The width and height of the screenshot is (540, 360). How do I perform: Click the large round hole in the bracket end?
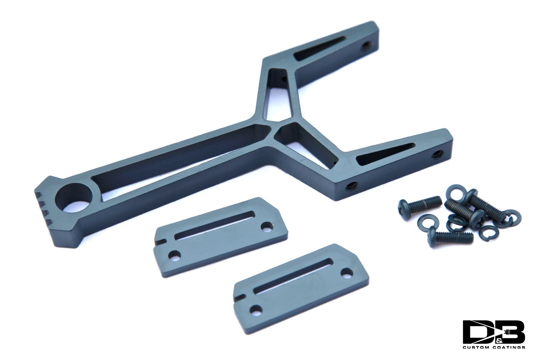point(73,198)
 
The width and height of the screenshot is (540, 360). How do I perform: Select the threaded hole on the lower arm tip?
point(437,154)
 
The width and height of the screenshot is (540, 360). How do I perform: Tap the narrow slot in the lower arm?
point(385,154)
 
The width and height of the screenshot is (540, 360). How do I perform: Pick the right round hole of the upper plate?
point(266,227)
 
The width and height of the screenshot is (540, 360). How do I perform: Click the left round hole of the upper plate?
point(175,255)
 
